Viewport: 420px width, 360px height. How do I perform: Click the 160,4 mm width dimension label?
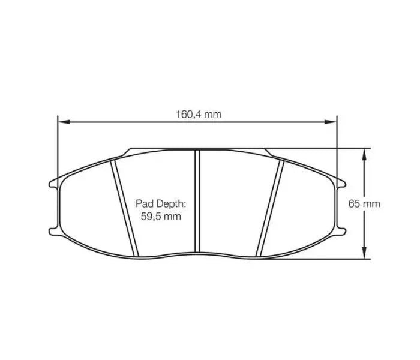coord(197,114)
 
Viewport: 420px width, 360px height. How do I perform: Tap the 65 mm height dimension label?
coord(364,203)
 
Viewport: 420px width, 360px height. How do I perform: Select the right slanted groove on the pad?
coord(271,207)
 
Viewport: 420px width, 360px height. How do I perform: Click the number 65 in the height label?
coord(355,203)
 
